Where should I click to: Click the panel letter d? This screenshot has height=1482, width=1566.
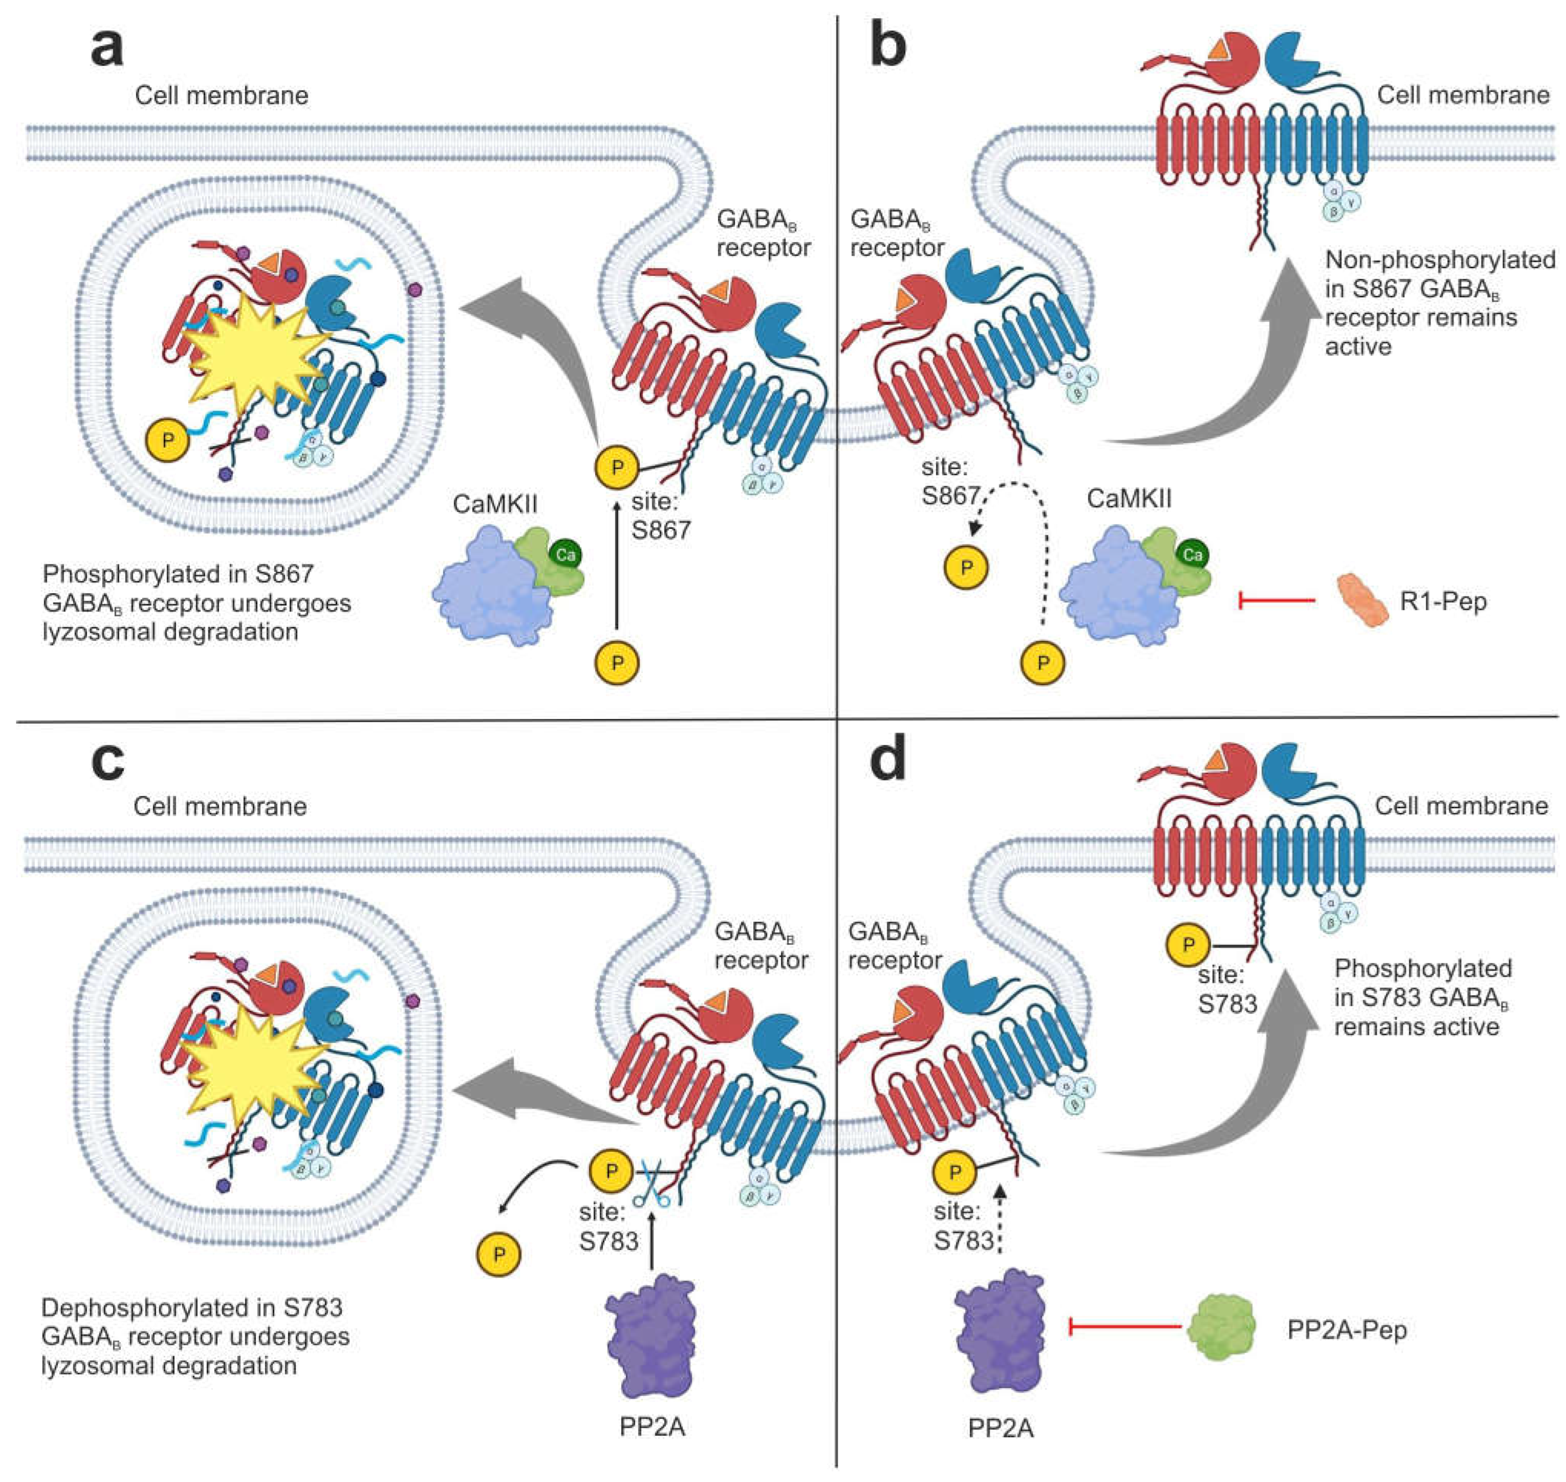coord(887,760)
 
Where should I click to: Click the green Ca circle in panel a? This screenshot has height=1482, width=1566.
coord(565,554)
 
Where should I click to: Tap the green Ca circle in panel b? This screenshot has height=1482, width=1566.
coord(1192,554)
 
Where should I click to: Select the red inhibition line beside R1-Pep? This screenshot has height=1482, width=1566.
coord(1276,602)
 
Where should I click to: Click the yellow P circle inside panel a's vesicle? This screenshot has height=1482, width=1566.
coord(167,440)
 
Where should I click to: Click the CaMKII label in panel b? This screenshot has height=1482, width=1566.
coord(1128,498)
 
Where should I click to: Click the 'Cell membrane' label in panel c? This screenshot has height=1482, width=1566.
coord(220,806)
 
